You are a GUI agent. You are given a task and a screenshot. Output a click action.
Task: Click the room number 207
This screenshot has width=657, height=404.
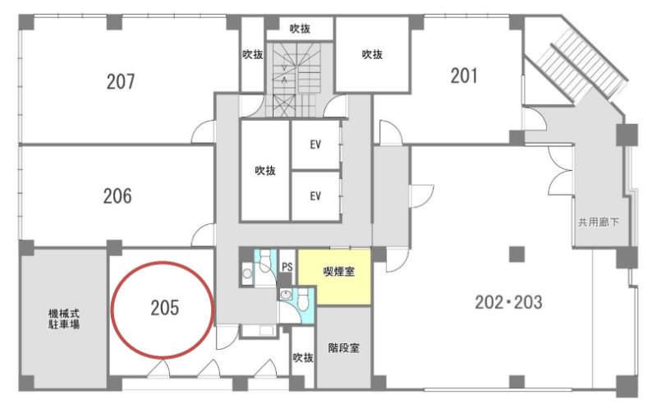pyautogui.click(x=121, y=82)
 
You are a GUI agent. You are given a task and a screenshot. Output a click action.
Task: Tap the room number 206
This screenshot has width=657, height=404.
pyautogui.click(x=117, y=196)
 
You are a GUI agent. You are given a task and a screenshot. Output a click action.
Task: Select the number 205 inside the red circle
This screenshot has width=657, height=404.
pyautogui.click(x=165, y=308)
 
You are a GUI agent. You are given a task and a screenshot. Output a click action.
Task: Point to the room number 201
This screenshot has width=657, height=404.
pyautogui.click(x=464, y=76)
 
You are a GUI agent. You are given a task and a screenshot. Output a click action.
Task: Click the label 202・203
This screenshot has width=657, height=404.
pyautogui.click(x=508, y=302)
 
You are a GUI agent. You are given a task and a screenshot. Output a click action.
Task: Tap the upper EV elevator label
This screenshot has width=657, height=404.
pyautogui.click(x=315, y=145)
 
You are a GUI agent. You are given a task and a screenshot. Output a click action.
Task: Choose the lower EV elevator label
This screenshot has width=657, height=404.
pyautogui.click(x=315, y=195)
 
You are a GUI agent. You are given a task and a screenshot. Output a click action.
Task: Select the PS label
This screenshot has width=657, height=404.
pyautogui.click(x=287, y=267)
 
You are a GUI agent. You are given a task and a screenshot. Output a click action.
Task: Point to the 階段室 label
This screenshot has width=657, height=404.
pyautogui.click(x=343, y=348)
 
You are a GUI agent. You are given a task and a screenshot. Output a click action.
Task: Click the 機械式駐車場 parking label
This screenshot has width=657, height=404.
pyautogui.click(x=64, y=319)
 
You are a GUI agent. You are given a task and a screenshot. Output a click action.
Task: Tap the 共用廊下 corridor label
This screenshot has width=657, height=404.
pyautogui.click(x=599, y=222)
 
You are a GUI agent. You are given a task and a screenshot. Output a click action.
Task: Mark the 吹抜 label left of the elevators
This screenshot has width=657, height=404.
pyautogui.click(x=265, y=171)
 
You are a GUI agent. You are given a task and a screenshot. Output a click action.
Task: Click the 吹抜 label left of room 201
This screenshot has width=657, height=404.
pyautogui.click(x=372, y=54)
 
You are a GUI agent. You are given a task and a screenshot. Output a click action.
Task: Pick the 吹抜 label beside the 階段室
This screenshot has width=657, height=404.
pyautogui.click(x=303, y=357)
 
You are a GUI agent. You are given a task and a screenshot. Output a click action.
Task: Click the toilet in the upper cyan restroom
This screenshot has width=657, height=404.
pyautogui.click(x=264, y=261)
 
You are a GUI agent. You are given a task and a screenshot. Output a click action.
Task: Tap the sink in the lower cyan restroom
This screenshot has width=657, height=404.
pyautogui.click(x=286, y=295)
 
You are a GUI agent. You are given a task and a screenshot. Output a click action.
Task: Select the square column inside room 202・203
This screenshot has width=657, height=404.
pyautogui.click(x=517, y=254)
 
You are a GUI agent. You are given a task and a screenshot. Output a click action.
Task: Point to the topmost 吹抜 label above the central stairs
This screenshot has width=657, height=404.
pyautogui.click(x=300, y=29)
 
